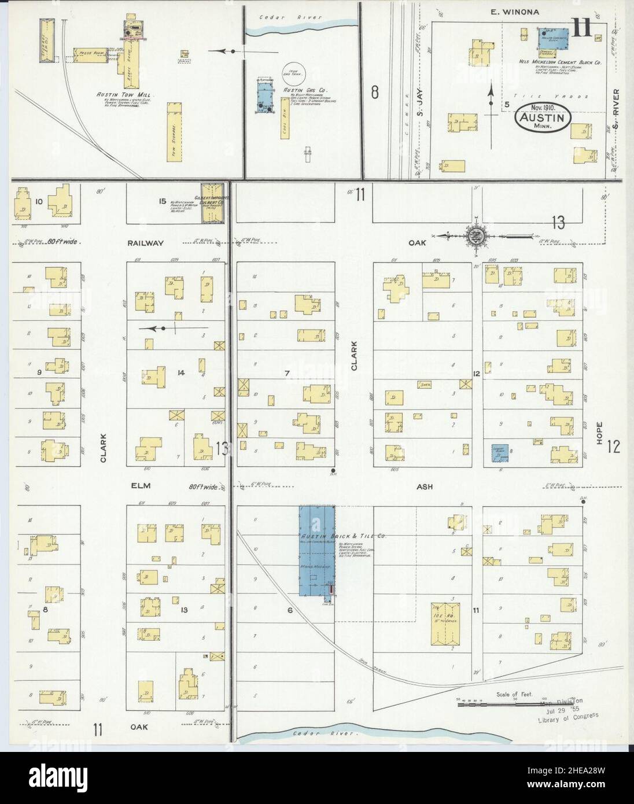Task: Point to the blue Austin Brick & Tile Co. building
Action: (316, 550)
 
